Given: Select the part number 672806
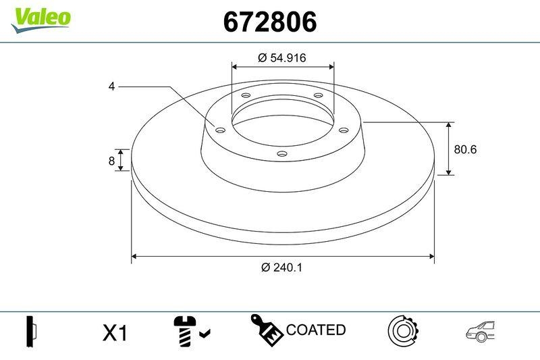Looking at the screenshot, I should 270,22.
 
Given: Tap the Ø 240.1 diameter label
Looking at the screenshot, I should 281,267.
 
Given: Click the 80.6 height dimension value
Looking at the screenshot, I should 465,149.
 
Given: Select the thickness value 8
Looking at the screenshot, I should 112,160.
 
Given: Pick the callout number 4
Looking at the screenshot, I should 111,86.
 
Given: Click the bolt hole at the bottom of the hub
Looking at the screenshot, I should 282,155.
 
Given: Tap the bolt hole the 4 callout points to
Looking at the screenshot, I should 220,130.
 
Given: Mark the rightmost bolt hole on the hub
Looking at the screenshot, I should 343,130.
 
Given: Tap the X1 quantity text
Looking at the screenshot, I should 115,332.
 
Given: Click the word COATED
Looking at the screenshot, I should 316,330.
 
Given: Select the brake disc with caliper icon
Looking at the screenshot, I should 403,330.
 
